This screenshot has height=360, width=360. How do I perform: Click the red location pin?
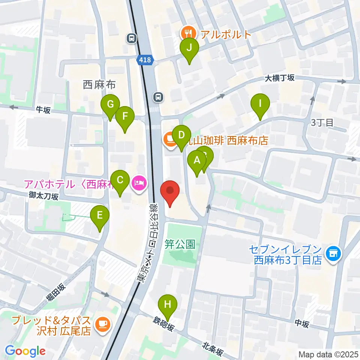pos(170,190)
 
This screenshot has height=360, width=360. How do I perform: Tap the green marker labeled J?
pos(189,48)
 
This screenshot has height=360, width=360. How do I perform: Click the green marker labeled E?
pos(100,216)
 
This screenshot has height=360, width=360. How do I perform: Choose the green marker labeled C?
pos(120,181)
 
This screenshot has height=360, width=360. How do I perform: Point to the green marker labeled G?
pos(110,105)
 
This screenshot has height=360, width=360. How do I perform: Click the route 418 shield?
pos(144,59)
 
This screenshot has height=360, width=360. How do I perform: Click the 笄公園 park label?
pos(180,244)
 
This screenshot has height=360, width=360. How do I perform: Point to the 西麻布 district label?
pos(99,84)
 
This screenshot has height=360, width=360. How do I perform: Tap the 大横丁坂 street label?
pos(280,78)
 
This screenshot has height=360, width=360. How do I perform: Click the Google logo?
pos(25,351)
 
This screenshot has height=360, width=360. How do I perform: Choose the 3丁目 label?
pos(322,122)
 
